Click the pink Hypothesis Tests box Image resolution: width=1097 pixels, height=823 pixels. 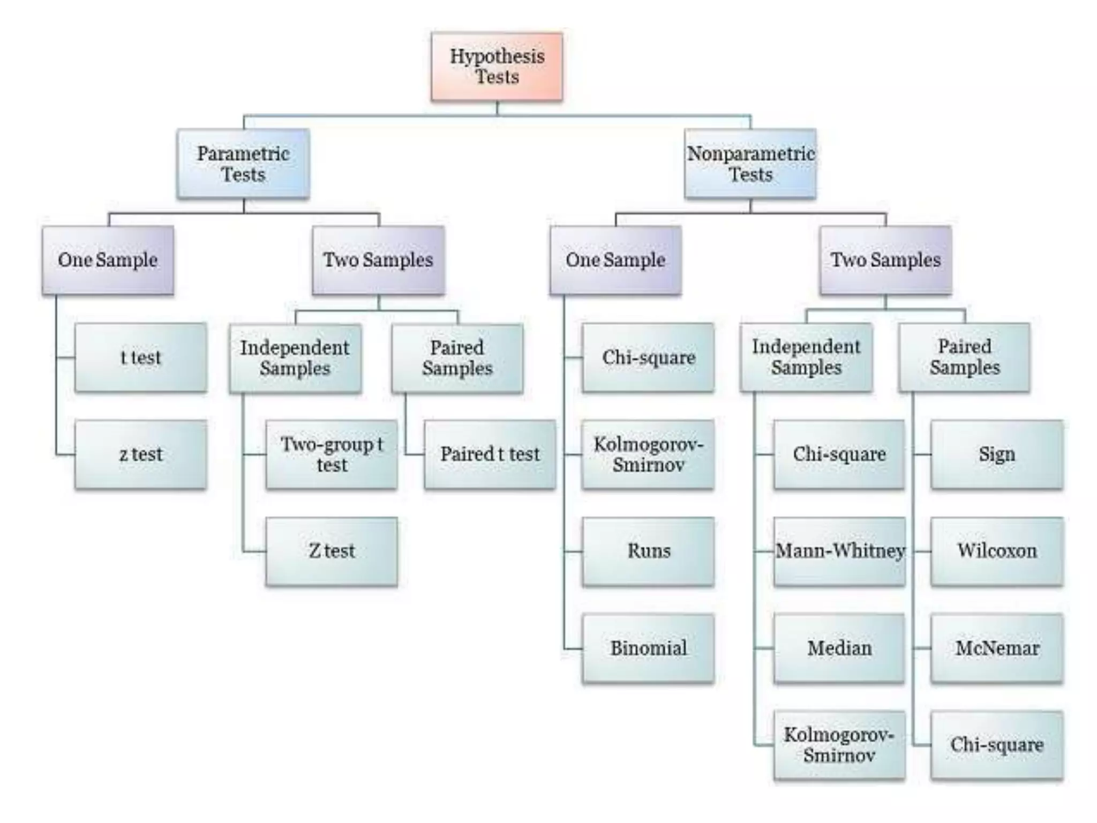click(x=497, y=66)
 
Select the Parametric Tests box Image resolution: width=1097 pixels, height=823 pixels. click(x=243, y=163)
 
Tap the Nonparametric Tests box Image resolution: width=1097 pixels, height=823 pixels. click(x=750, y=163)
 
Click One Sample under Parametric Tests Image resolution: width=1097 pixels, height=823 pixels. click(x=108, y=260)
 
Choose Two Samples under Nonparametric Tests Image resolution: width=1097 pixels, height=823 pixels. click(x=885, y=260)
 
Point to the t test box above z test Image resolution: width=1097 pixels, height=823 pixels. click(x=140, y=357)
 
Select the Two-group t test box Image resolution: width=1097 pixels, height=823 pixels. click(x=332, y=454)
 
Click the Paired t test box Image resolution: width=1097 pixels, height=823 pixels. click(x=490, y=454)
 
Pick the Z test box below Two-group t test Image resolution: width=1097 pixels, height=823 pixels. click(x=332, y=551)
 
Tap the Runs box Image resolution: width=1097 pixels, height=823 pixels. click(x=648, y=551)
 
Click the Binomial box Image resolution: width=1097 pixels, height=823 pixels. click(x=648, y=648)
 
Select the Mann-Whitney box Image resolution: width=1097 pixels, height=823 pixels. click(x=839, y=551)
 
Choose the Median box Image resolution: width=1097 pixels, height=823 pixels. click(x=839, y=648)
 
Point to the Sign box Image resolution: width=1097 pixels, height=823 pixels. click(x=997, y=454)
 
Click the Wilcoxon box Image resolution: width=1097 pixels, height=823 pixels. click(x=997, y=551)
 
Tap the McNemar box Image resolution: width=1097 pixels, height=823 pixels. click(x=997, y=648)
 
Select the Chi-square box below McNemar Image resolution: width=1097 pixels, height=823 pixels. click(x=997, y=745)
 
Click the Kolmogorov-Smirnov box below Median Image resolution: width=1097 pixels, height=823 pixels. click(x=839, y=745)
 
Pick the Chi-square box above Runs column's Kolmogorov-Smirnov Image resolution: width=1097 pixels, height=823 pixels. click(x=648, y=357)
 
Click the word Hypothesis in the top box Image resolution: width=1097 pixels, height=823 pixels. click(x=497, y=56)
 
